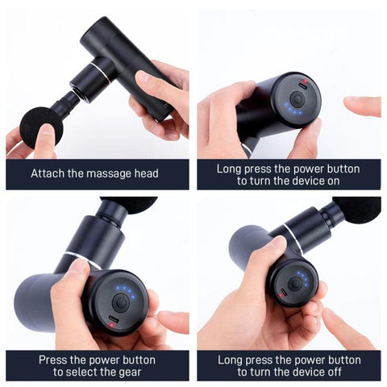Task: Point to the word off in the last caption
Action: pos(333,372)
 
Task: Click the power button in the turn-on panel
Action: pos(296,98)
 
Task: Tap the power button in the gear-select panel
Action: pos(119,303)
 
